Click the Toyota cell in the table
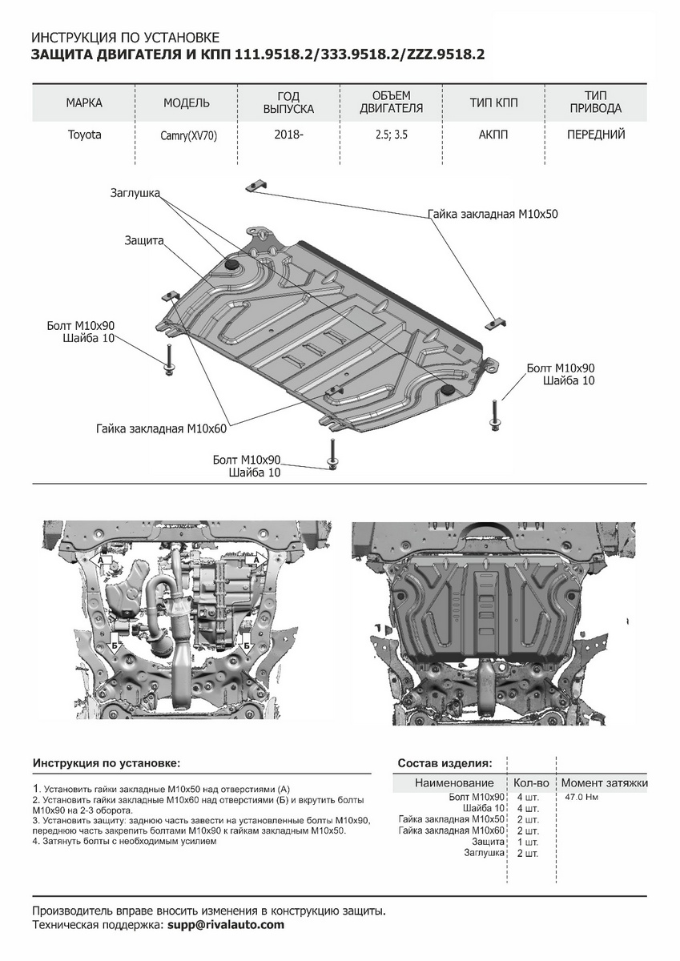pyautogui.click(x=84, y=135)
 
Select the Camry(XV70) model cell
pyautogui.click(x=188, y=136)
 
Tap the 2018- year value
pyautogui.click(x=288, y=135)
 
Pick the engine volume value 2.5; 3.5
pyautogui.click(x=391, y=135)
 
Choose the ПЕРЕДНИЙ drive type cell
pyautogui.click(x=596, y=135)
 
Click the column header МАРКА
pyautogui.click(x=84, y=103)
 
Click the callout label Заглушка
pyautogui.click(x=135, y=193)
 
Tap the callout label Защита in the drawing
pyautogui.click(x=144, y=240)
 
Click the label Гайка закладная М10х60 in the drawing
pyautogui.click(x=161, y=428)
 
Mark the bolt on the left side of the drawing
pyautogui.click(x=169, y=359)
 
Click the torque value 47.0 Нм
pyautogui.click(x=582, y=798)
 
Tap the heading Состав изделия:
pyautogui.click(x=445, y=763)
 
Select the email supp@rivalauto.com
pyautogui.click(x=226, y=925)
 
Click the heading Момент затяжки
pyautogui.click(x=604, y=783)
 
